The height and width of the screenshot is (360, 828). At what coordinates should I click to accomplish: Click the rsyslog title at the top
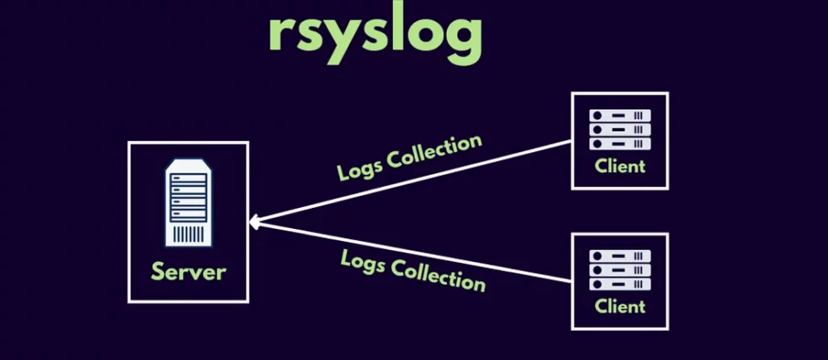pos(375,32)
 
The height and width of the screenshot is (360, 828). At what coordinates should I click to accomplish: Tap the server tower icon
pos(188,203)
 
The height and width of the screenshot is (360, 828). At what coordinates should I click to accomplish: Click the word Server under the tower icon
pos(188,270)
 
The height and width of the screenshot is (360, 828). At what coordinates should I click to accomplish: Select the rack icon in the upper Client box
pos(620,129)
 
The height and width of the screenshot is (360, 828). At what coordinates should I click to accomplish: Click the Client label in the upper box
pos(620,167)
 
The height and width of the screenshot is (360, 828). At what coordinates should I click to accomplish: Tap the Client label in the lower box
pos(620,306)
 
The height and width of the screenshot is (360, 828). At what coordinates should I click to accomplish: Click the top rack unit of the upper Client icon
pos(620,116)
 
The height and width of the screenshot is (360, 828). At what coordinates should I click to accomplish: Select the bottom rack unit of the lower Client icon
pos(620,283)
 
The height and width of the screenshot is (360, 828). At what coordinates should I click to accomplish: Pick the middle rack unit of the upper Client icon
pos(620,129)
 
